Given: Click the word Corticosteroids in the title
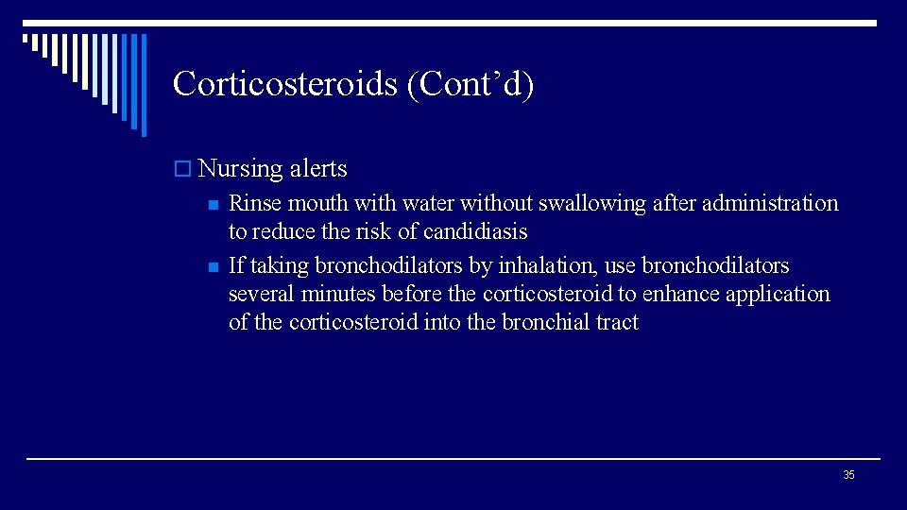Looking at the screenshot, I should [x=284, y=84].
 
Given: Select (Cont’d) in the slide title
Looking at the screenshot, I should [x=470, y=84].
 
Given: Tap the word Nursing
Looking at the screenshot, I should [x=241, y=169].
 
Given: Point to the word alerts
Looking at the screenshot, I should [x=318, y=169].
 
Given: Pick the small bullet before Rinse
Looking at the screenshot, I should [x=214, y=205].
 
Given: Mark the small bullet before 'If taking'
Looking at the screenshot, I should [x=214, y=267].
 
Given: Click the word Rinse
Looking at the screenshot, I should [x=255, y=203].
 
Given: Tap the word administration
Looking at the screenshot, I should [x=769, y=203].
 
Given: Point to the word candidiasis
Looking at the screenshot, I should [x=475, y=231].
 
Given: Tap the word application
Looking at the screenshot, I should [x=778, y=294].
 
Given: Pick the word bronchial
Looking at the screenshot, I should [x=545, y=322].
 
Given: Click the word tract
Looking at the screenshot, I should [x=617, y=322].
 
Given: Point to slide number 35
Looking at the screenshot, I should [x=848, y=475].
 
